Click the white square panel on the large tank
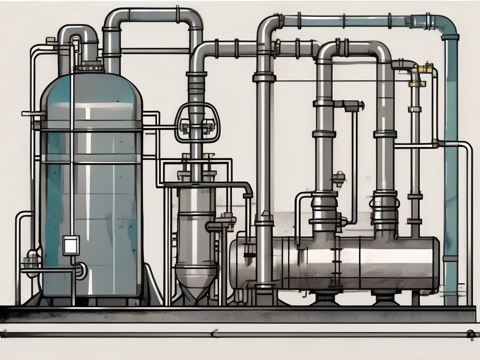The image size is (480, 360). [71, 245]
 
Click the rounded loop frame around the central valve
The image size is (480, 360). [197, 122]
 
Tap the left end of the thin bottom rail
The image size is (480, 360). [4, 334]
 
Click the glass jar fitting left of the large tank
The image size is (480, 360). [32, 258]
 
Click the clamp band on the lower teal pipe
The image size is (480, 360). [450, 258]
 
